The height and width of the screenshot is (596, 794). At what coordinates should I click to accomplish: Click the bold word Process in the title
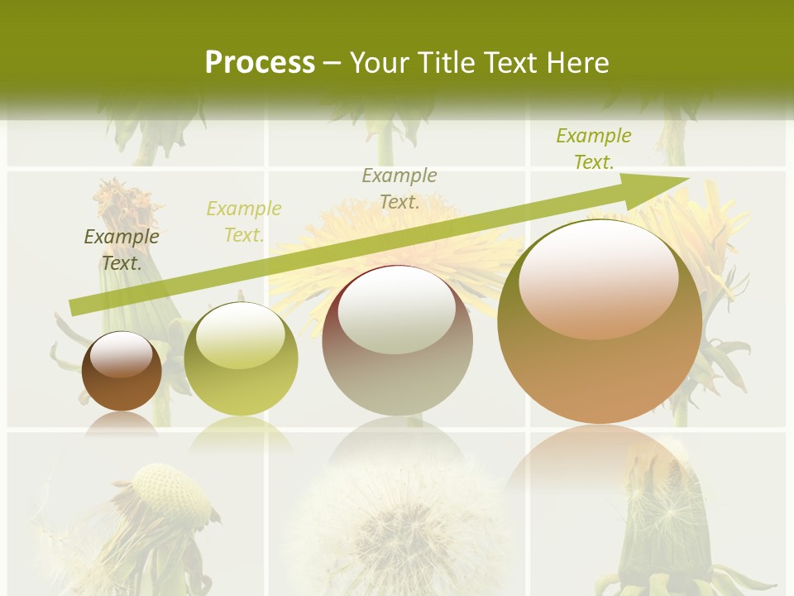[x=260, y=63]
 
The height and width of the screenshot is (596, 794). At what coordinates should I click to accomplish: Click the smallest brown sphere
[x=122, y=372]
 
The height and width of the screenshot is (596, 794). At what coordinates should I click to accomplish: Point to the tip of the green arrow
[x=686, y=178]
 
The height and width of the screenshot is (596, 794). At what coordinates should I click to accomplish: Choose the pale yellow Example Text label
[x=244, y=222]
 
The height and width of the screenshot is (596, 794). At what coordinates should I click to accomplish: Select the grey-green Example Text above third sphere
[x=399, y=188]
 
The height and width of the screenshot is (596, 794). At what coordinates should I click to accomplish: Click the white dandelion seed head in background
[x=397, y=521]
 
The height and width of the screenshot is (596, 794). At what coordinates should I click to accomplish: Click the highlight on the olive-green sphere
[x=241, y=335]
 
